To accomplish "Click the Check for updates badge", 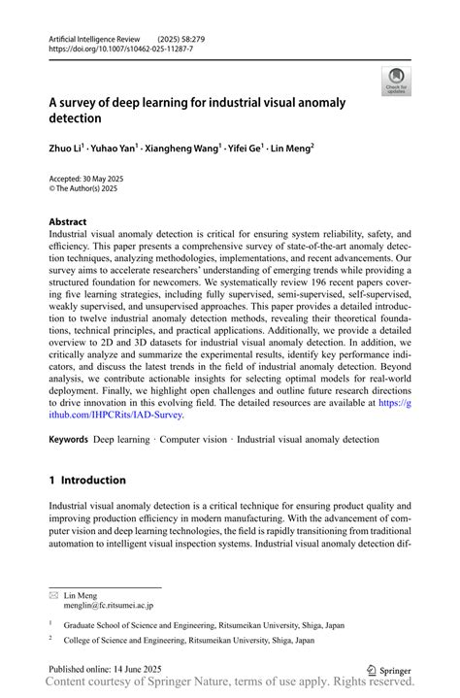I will (x=396, y=82).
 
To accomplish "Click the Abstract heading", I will (x=67, y=221).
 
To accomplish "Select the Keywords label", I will (x=68, y=440).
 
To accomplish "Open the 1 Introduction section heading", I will (x=87, y=480).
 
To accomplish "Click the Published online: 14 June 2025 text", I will (x=105, y=669).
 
